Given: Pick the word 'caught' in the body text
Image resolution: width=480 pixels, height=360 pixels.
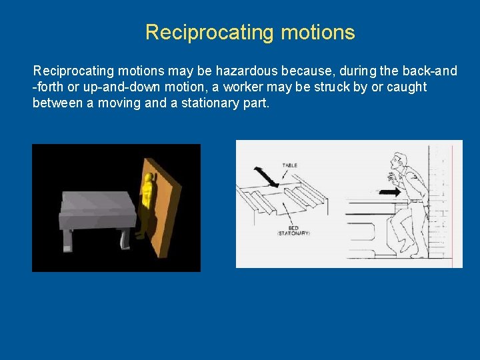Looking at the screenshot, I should pos(405,87).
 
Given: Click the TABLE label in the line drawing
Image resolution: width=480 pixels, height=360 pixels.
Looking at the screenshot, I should pos(290,165).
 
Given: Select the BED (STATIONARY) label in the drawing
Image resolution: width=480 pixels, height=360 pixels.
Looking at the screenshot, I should pos(294,230).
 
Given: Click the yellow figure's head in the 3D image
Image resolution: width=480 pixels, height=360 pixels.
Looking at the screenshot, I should pos(148,179).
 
